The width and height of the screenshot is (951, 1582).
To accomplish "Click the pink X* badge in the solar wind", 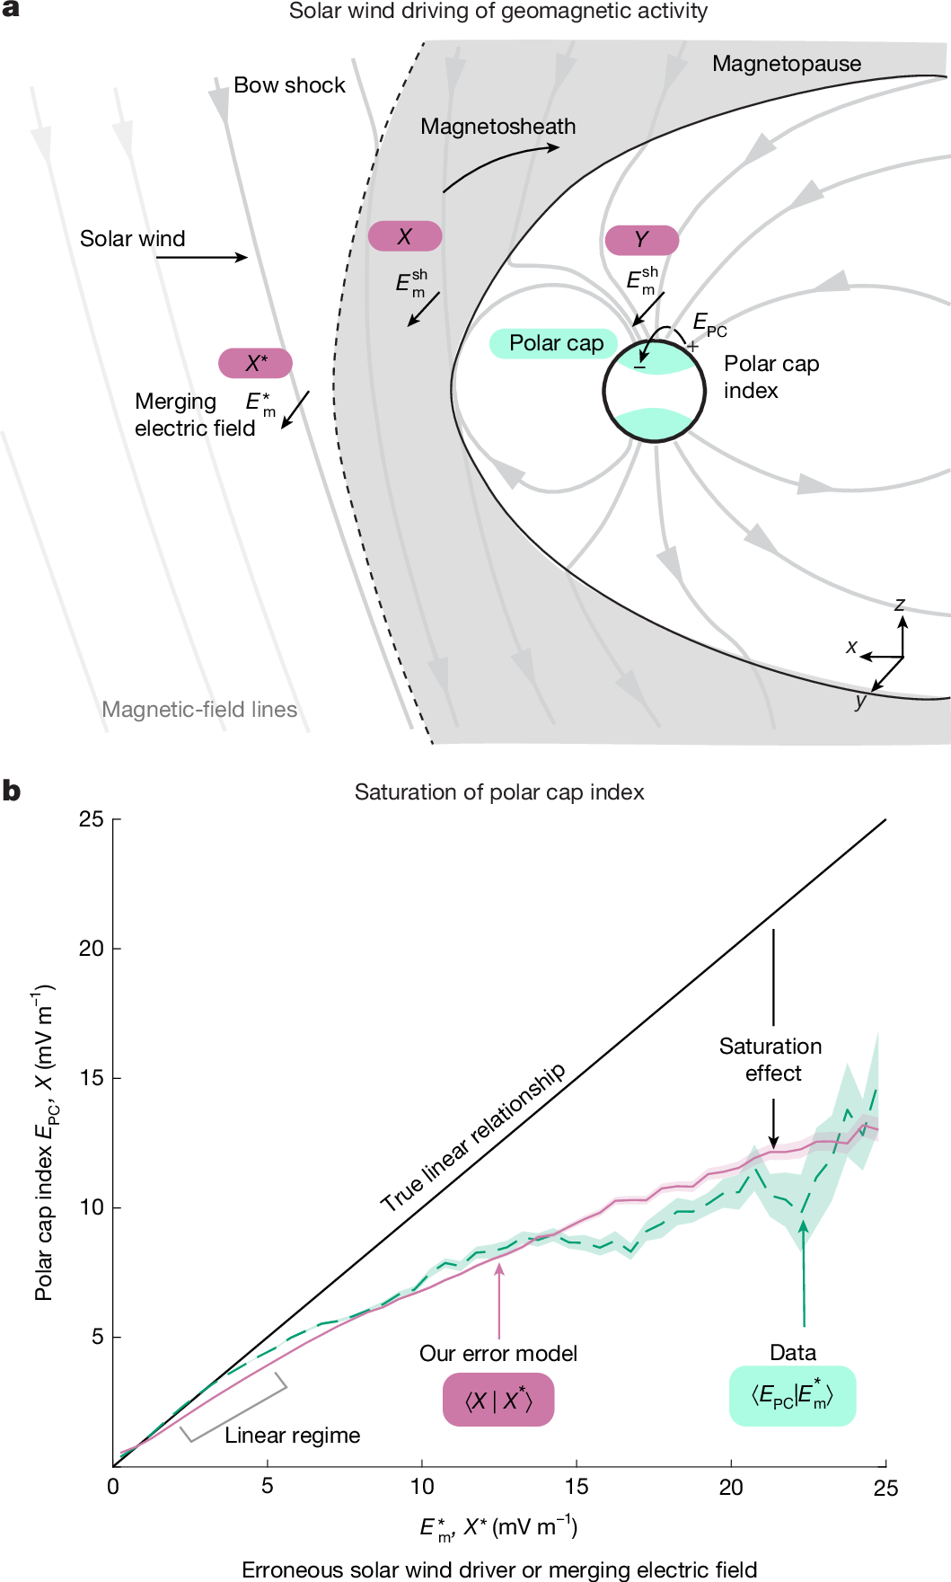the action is point(256,363).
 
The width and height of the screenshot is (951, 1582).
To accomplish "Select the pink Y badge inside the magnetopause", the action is point(641,240).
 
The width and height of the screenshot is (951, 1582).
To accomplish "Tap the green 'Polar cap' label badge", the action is point(554,343).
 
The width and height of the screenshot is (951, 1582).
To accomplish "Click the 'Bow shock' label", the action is point(289,85).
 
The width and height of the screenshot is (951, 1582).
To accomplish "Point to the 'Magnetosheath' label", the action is point(498,127).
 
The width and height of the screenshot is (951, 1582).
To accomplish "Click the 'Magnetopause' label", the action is point(787,64).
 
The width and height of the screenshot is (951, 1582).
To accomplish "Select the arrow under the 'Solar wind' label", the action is point(202,258).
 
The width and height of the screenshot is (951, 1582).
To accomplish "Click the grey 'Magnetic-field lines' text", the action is point(199,710).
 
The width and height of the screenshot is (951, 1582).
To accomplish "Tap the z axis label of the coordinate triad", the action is point(899,605).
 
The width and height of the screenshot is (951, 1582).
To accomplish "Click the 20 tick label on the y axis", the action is point(92,949).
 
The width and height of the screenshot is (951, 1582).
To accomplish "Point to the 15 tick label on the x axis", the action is point(577,1487).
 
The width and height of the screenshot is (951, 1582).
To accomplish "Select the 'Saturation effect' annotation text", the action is point(771,1060).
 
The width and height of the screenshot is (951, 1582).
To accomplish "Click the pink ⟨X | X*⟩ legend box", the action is point(498,1401).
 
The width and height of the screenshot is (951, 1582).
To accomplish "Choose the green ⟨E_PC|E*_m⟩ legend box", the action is point(792,1396).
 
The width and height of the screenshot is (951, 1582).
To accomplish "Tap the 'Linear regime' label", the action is point(293,1436).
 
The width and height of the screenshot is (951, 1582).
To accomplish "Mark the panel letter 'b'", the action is point(12,791).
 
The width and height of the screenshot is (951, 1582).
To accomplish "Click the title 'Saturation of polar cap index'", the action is point(499,792).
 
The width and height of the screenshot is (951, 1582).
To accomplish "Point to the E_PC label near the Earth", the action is point(709,324).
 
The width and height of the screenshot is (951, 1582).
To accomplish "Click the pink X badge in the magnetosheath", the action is point(405,236).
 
